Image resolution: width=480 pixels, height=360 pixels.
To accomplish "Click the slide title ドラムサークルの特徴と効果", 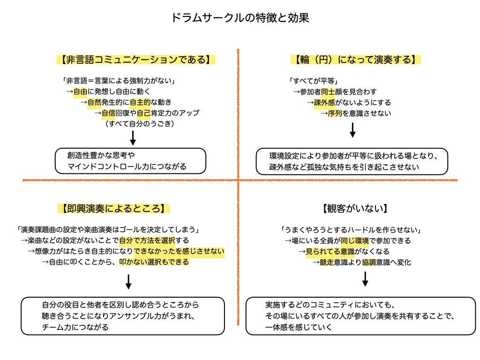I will pyautogui.click(x=240, y=18).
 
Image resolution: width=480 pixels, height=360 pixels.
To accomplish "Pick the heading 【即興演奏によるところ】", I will pyautogui.click(x=113, y=208).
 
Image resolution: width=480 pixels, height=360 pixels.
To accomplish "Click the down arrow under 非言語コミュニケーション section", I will pyautogui.click(x=133, y=138).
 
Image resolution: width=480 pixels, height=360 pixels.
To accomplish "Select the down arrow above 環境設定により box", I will pyautogui.click(x=352, y=130).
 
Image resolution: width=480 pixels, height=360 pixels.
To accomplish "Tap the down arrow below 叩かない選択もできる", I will pyautogui.click(x=128, y=281).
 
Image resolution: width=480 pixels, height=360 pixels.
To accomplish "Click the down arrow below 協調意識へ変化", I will pyautogui.click(x=365, y=278).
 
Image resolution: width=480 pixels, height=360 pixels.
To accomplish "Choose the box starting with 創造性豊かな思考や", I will pyautogui.click(x=130, y=160).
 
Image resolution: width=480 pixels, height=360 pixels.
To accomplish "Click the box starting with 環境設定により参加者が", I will pyautogui.click(x=352, y=161).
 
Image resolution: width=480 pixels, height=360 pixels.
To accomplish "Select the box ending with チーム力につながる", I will pyautogui.click(x=123, y=315).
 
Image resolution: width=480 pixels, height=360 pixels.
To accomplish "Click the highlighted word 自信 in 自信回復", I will pyautogui.click(x=109, y=113).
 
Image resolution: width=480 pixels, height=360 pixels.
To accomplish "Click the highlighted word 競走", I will pyautogui.click(x=327, y=262).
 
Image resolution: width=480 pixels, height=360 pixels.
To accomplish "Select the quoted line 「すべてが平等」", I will pyautogui.click(x=314, y=81).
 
